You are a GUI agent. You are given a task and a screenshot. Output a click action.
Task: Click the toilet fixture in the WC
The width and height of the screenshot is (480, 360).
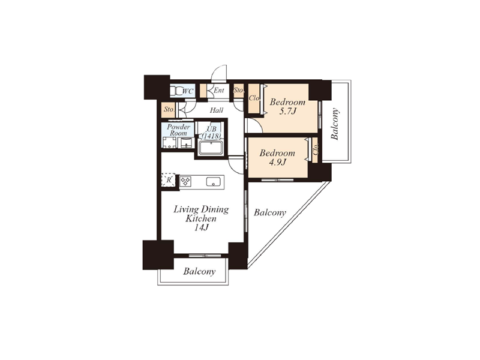point(176,91)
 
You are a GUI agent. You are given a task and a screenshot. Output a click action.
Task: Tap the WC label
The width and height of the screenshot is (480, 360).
point(188,91)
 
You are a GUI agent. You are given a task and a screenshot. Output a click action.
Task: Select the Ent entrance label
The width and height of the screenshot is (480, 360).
point(219,91)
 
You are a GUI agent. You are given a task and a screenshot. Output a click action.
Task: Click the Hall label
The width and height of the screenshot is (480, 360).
point(217,110)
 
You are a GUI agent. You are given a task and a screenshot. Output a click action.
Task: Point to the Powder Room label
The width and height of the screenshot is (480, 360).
point(178,130)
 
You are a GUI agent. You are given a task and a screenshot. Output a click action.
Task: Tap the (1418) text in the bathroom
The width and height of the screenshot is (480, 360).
point(211,136)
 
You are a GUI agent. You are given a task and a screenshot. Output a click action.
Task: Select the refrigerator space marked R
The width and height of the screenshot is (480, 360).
point(169,180)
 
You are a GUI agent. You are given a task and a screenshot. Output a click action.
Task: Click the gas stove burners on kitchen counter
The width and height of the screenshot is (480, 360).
point(185,181)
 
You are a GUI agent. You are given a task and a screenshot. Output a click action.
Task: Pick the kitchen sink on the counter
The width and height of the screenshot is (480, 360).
point(213,182)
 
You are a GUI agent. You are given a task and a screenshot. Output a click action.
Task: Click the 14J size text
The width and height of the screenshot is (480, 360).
point(201,227)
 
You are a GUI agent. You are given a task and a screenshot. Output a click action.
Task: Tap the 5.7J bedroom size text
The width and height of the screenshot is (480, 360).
point(288,111)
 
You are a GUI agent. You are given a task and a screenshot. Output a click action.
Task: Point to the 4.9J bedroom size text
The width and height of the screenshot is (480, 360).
point(277,162)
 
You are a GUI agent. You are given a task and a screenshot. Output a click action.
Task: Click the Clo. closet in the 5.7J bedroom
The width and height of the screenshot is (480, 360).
point(254,98)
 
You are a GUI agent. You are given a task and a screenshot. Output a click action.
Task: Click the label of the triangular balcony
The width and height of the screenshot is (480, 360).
point(269,212)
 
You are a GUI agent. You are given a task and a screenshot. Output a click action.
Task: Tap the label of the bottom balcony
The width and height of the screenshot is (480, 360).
point(199,271)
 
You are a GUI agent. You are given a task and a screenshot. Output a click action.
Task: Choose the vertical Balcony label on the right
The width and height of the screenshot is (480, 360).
point(335,124)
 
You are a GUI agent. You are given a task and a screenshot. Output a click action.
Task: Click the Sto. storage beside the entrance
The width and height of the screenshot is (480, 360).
point(238,91)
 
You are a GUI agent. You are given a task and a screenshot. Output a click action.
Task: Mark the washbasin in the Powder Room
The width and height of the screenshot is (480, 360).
point(186,143)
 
